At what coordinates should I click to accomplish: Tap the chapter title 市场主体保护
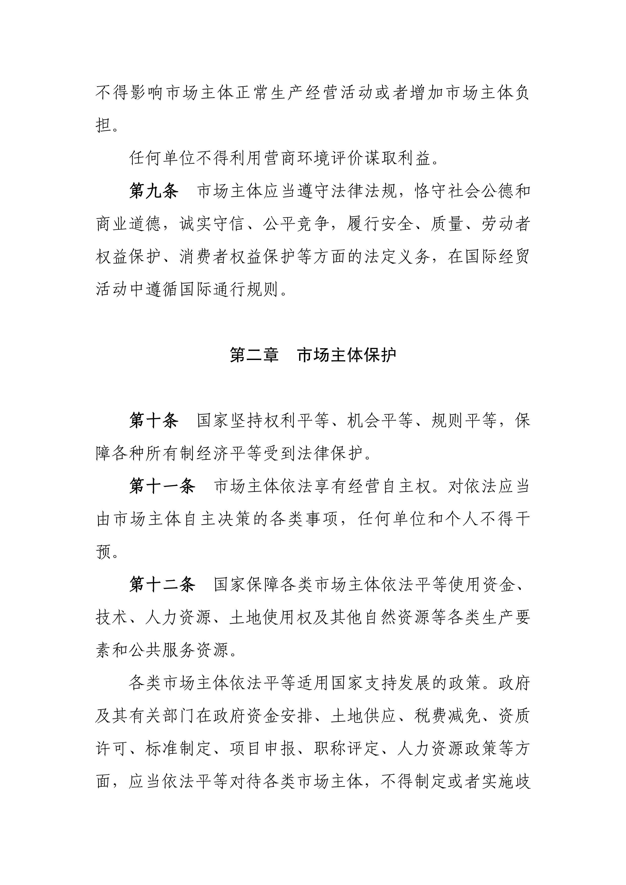pyautogui.click(x=347, y=355)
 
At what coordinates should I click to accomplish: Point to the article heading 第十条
pyautogui.click(x=153, y=420)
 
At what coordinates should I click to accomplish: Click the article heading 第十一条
pyautogui.click(x=162, y=486)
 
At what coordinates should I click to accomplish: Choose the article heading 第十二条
pyautogui.click(x=162, y=585)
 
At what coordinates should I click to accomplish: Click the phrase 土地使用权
pyautogui.click(x=270, y=618)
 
